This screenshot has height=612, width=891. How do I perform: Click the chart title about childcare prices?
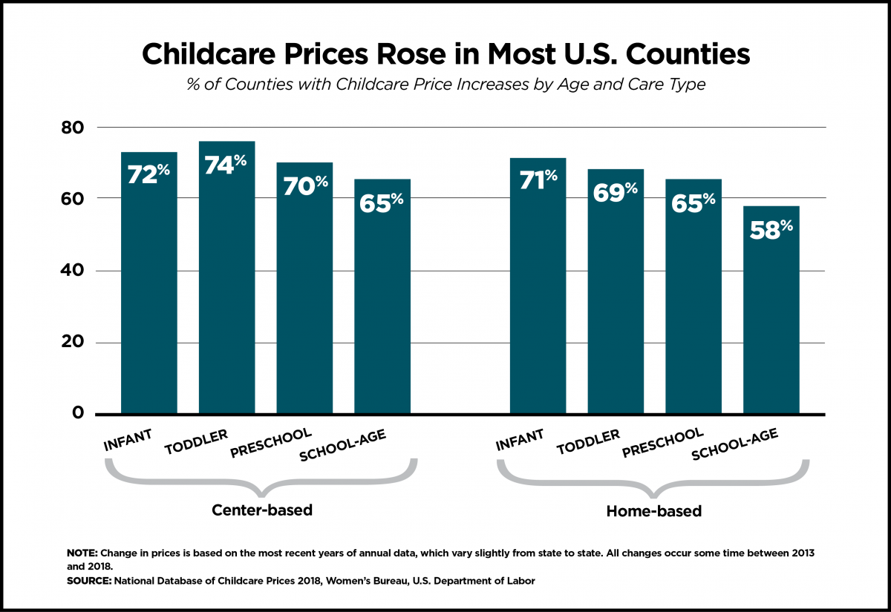445,56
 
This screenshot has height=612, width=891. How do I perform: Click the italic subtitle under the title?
445,85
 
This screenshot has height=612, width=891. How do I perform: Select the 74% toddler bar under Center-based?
226,297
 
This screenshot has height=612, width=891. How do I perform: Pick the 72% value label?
148,175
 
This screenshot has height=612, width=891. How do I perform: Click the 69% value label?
616,192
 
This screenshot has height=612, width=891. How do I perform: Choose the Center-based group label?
261,510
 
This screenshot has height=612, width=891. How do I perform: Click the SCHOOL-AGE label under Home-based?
734,445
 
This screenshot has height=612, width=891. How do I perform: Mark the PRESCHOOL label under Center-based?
270,443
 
